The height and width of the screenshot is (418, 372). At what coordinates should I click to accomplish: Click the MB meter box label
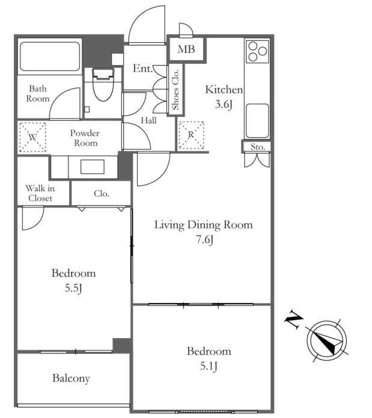[x=186, y=49]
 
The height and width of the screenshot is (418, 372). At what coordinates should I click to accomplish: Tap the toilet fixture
[x=103, y=84]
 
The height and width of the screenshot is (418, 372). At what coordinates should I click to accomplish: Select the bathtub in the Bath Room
[x=50, y=57]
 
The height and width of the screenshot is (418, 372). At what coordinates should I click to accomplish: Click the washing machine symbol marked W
[x=32, y=137]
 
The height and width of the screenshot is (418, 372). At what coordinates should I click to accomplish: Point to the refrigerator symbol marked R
[x=191, y=135]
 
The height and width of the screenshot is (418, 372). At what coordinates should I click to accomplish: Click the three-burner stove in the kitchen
[x=257, y=51]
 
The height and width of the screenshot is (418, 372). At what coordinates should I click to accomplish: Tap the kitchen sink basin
[x=257, y=121]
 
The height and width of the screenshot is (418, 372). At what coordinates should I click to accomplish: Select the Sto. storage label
[x=257, y=147]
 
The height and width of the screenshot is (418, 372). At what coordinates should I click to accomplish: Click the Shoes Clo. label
[x=175, y=90]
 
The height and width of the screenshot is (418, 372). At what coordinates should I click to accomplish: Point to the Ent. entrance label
[x=142, y=69]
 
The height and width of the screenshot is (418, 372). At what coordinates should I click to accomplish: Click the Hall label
[x=148, y=120]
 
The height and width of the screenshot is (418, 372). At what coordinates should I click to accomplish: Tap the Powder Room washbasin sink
[x=93, y=167]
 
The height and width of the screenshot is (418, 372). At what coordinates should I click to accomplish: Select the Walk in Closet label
[x=40, y=193]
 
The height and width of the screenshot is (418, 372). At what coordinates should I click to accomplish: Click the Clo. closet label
[x=102, y=194]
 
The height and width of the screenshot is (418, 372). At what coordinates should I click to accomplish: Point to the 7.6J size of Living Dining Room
[x=205, y=239]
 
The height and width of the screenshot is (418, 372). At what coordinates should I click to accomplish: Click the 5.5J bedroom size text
[x=73, y=288]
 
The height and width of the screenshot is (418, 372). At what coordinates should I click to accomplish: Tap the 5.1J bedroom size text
[x=209, y=366]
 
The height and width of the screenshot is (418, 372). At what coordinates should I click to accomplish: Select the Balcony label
[x=71, y=378]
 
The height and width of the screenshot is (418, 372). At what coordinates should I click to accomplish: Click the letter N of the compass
[x=294, y=319]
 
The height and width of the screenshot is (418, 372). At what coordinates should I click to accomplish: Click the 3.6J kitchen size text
[x=224, y=104]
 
